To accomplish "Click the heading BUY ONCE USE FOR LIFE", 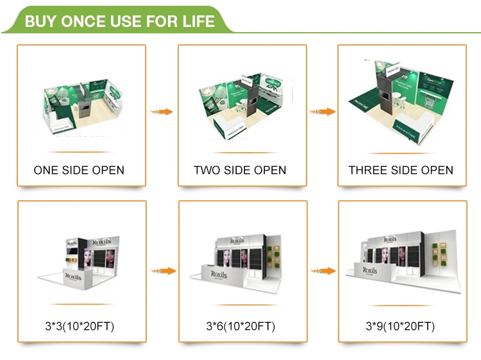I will click(x=119, y=21).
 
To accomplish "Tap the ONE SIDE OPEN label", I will click(x=79, y=170).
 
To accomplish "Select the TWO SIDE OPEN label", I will click(x=240, y=170).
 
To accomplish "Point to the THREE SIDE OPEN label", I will click(x=401, y=170).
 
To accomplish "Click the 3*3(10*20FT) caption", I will click(x=79, y=327).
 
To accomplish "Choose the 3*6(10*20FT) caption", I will click(x=240, y=327).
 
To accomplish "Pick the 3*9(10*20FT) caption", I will click(x=400, y=327).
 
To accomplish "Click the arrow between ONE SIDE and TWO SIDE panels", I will click(x=162, y=112).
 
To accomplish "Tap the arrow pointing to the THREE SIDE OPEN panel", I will click(x=323, y=112).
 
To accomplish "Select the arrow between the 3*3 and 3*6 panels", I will click(x=162, y=270).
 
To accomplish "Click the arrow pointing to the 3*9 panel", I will click(x=323, y=270).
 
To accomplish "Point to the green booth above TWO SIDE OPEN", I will click(x=240, y=106).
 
